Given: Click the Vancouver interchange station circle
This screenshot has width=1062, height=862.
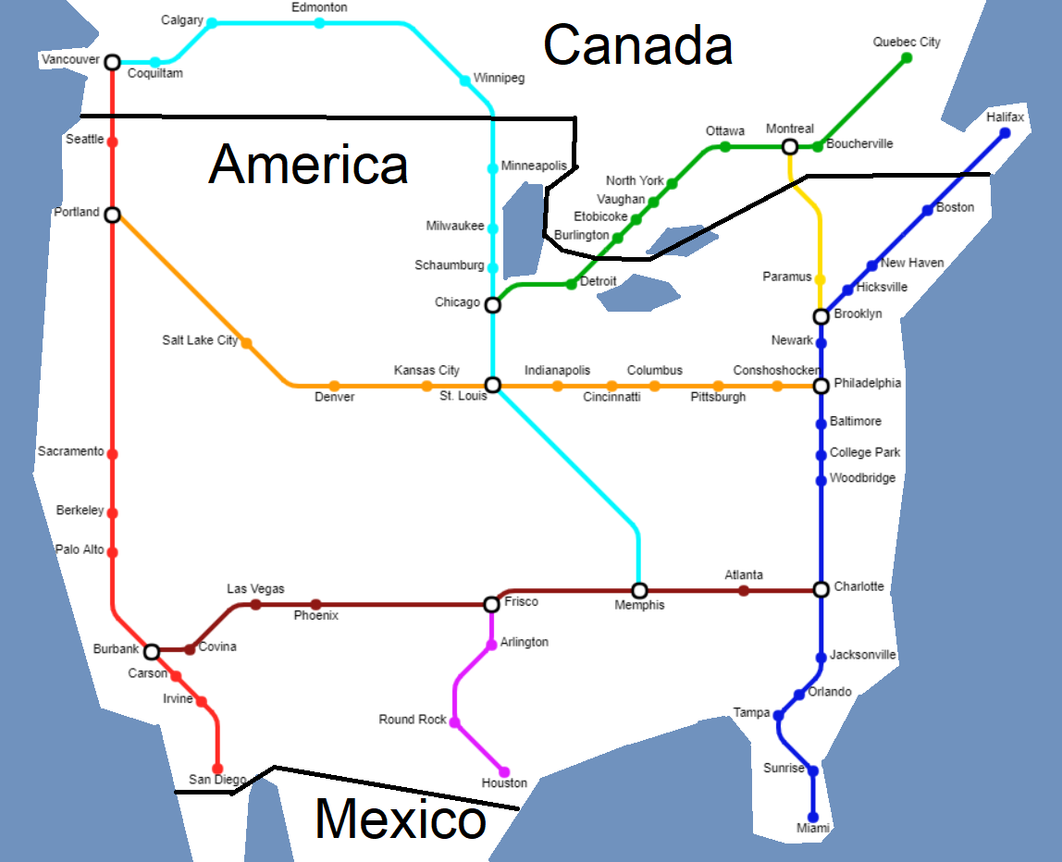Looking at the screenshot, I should tap(112, 62).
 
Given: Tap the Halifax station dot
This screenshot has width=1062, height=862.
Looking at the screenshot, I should tap(1005, 133).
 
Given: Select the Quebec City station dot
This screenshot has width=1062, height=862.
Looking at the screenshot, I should tap(907, 58).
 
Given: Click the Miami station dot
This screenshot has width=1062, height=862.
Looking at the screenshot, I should tap(813, 817).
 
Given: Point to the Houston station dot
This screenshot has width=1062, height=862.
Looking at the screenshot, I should tap(504, 771).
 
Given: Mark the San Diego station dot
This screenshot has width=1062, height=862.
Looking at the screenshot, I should tap(217, 769).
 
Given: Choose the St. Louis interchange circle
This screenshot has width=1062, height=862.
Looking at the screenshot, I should tap(492, 385).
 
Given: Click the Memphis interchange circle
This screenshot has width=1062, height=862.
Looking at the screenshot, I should tap(639, 590).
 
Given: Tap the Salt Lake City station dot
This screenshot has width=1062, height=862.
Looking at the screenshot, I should tap(246, 343).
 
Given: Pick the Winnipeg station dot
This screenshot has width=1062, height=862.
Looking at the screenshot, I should tap(464, 80).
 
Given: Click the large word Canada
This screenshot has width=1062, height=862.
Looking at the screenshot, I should tap(638, 44).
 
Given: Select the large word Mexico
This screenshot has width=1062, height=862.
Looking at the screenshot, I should tap(400, 819).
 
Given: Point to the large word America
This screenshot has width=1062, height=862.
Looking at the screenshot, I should tap(308, 165).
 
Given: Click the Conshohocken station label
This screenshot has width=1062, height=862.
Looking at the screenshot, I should tap(776, 370).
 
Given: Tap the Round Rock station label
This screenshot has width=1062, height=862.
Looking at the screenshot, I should tap(413, 720).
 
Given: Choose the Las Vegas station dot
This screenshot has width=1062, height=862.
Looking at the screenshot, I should tap(255, 605).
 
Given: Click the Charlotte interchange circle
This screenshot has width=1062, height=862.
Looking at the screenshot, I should tap(821, 589).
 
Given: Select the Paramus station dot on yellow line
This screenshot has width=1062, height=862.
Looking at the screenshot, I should tap(820, 279).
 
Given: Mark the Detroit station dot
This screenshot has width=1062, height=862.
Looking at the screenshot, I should tap(571, 284).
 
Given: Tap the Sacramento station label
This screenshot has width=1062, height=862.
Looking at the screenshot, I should tap(70, 451).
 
